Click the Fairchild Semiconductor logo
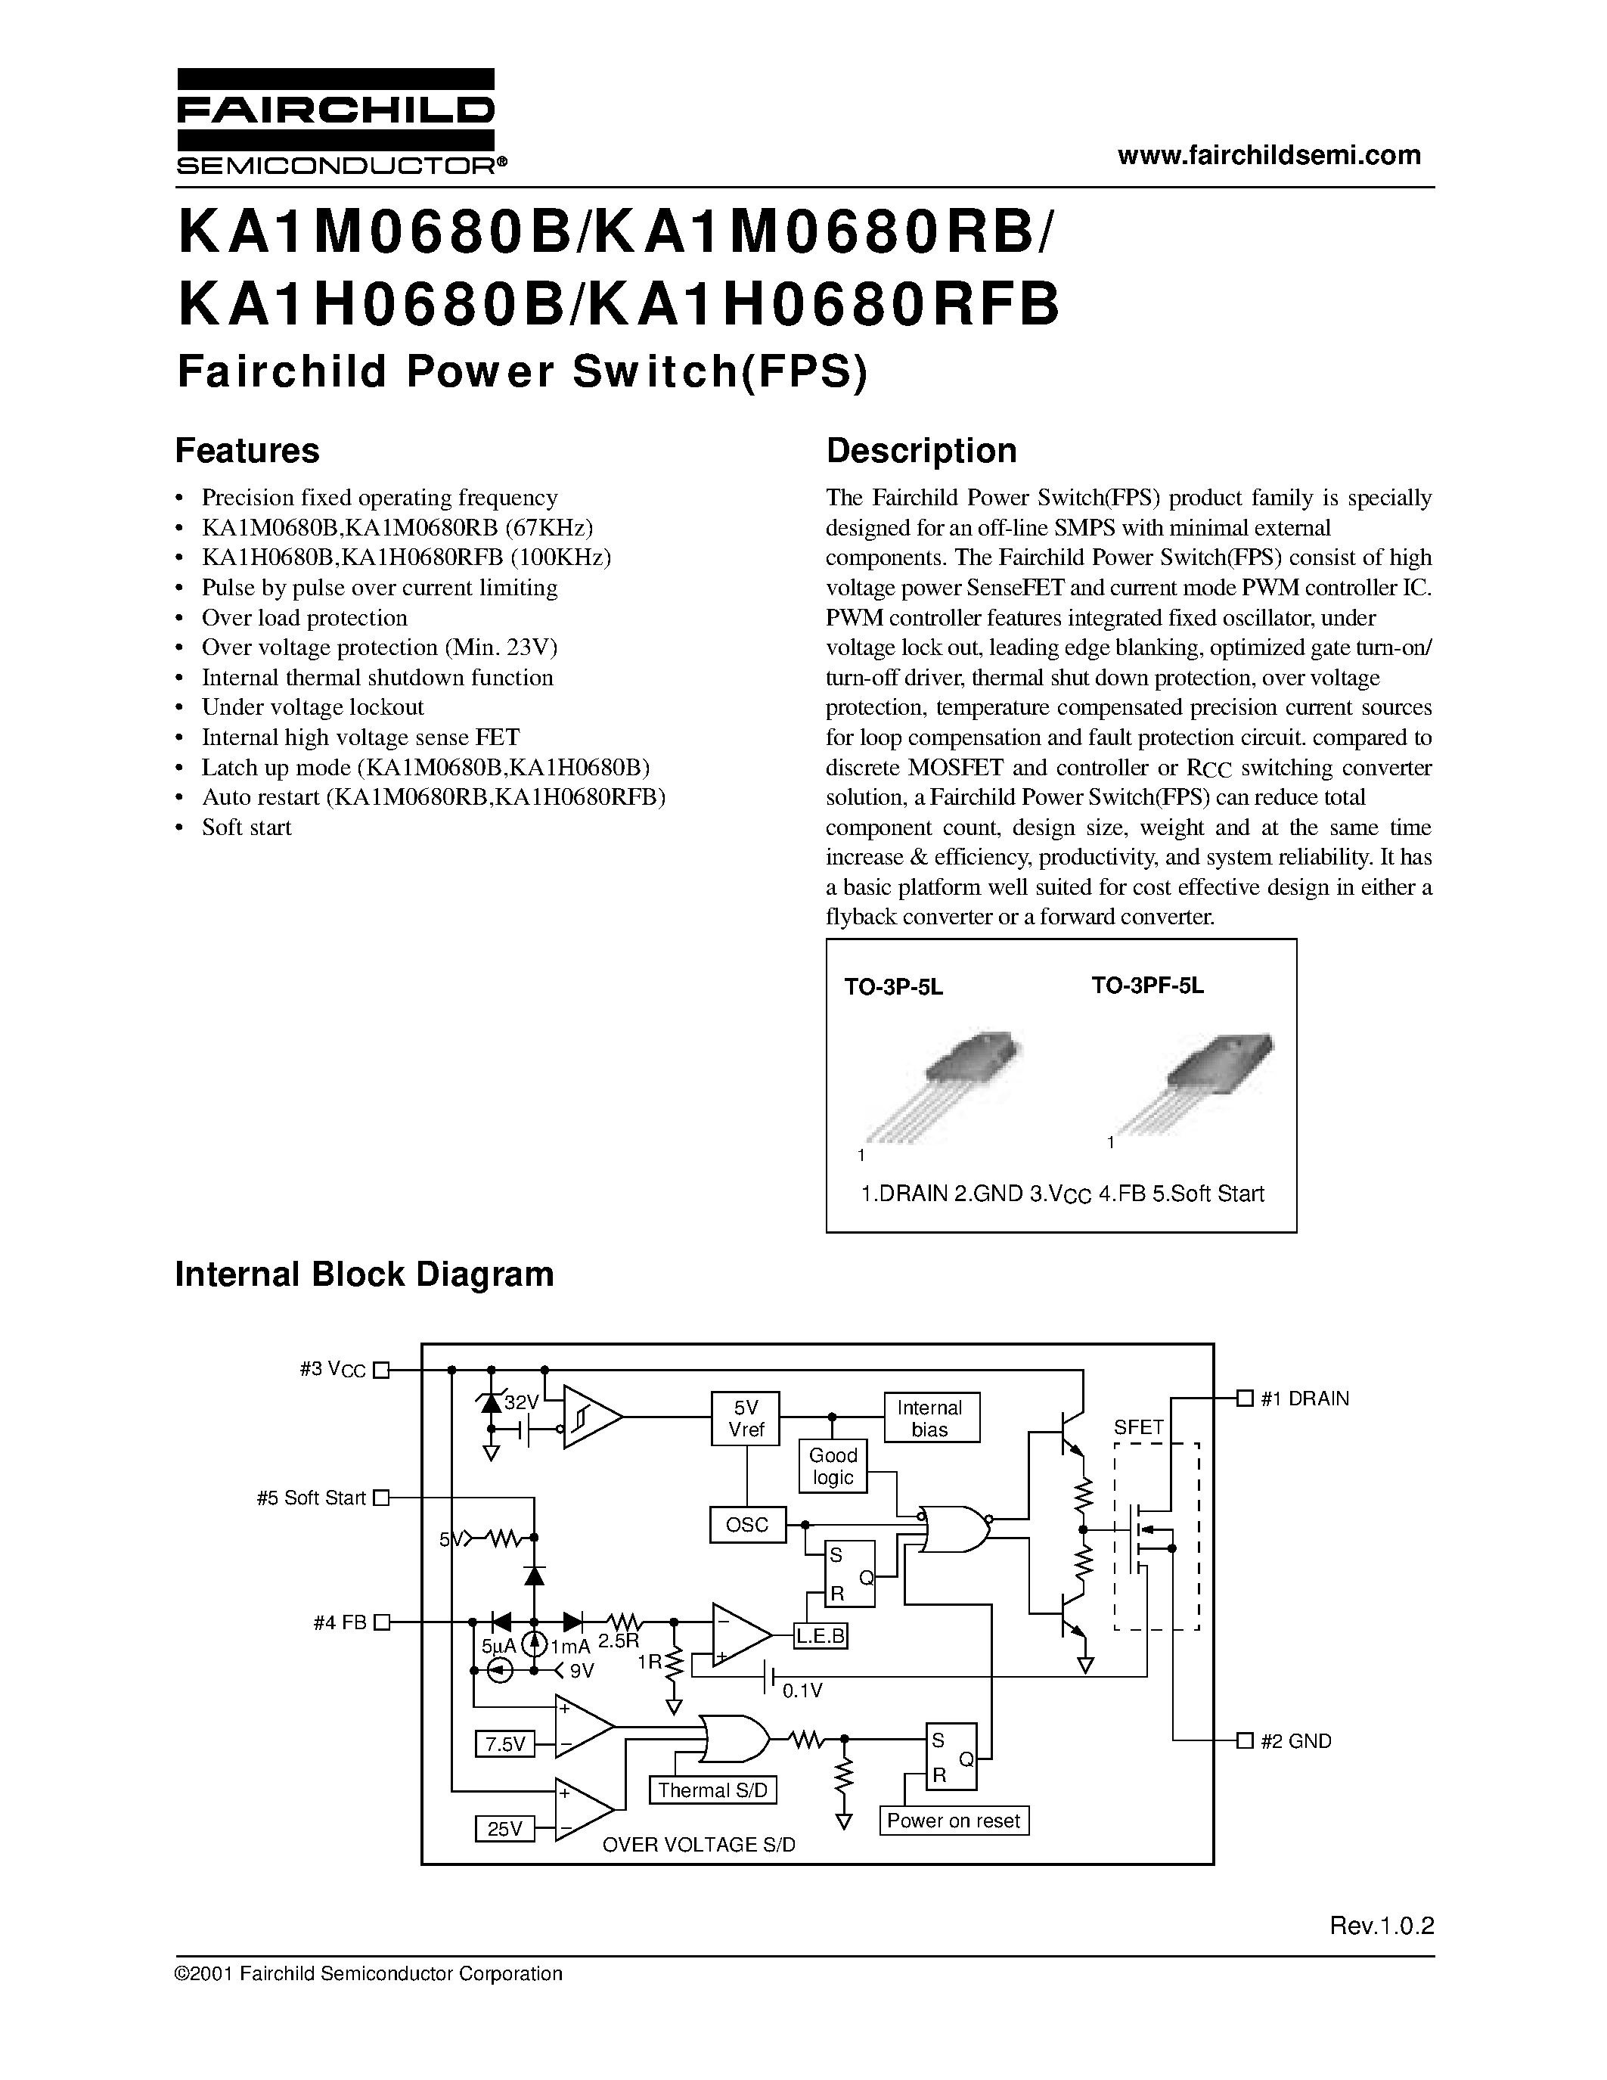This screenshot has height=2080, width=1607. pyautogui.click(x=335, y=122)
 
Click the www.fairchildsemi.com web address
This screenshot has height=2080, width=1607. pyautogui.click(x=1269, y=157)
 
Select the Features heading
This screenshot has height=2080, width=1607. pyautogui.click(x=247, y=451)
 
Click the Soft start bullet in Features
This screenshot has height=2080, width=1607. pyautogui.click(x=247, y=827)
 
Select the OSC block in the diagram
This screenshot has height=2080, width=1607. pyautogui.click(x=747, y=1525)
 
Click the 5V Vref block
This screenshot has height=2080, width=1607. pyautogui.click(x=746, y=1418)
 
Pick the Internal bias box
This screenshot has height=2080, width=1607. pyautogui.click(x=929, y=1418)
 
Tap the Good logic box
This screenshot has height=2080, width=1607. pyautogui.click(x=833, y=1466)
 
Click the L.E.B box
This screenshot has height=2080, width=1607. pyautogui.click(x=821, y=1636)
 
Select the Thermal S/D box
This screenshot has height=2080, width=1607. pyautogui.click(x=712, y=1790)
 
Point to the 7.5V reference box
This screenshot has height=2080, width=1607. pyautogui.click(x=504, y=1744)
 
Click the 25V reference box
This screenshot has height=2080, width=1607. pyautogui.click(x=504, y=1829)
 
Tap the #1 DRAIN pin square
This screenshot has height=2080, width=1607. pyautogui.click(x=1243, y=1398)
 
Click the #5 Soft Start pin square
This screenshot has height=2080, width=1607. pyautogui.click(x=382, y=1497)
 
